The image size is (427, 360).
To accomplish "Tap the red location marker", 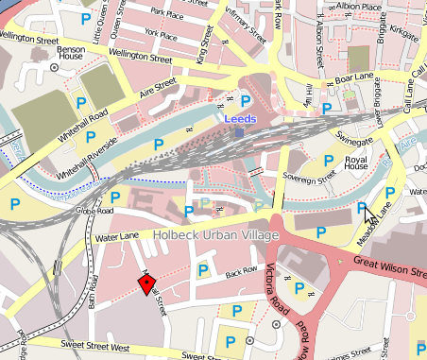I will click(x=146, y=285).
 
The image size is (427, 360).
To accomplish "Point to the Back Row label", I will click(x=241, y=273).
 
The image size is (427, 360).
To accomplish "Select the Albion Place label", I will click(x=359, y=7).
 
